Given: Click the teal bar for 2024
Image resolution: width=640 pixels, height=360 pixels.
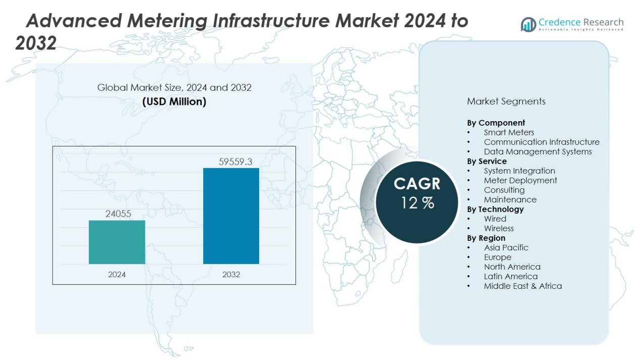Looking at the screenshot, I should click(x=117, y=242).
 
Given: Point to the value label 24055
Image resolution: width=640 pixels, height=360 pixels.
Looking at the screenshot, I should click(x=118, y=214).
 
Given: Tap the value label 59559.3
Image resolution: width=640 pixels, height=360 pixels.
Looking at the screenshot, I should click(x=235, y=162).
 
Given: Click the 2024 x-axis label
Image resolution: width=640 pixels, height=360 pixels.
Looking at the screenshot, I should click(x=117, y=275).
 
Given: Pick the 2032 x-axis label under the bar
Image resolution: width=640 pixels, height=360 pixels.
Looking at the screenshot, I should click(x=231, y=275).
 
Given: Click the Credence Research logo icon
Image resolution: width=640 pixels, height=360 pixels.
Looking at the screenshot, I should click(x=528, y=24).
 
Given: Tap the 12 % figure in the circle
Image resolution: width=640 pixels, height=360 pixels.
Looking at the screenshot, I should click(x=417, y=203).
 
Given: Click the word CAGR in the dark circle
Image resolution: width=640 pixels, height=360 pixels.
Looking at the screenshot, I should click(x=417, y=183).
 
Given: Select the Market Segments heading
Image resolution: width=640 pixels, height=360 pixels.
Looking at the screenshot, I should click(x=506, y=101).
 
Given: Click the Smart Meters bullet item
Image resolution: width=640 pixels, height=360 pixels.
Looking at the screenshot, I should click(x=509, y=132).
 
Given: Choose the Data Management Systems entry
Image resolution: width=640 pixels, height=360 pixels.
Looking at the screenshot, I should click(x=537, y=151).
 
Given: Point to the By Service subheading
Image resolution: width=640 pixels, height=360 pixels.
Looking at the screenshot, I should click(x=486, y=161).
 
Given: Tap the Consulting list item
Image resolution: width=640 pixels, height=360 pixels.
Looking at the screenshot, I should click(x=504, y=190).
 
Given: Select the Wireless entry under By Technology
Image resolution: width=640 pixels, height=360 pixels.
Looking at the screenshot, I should click(x=499, y=228).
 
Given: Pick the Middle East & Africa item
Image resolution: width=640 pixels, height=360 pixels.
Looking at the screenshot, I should click(x=522, y=286).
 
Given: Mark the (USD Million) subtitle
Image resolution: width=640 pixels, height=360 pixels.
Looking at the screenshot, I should click(x=174, y=101).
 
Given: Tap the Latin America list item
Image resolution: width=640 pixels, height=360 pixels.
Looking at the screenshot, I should click(x=511, y=276).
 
